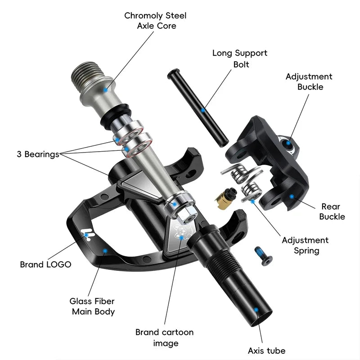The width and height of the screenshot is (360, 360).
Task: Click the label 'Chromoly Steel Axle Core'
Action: [155, 21]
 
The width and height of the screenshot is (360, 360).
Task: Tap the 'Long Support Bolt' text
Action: [240, 58]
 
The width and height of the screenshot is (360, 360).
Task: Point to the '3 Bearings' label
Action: [38, 154]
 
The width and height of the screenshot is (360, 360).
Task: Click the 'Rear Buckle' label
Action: [332, 211]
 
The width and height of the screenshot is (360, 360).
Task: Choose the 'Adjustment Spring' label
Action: [305, 245]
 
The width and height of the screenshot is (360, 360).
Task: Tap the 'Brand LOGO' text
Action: [45, 265]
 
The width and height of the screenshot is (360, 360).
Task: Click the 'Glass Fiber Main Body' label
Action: [92, 306]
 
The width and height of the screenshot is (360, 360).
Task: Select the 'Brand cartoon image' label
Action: [164, 337]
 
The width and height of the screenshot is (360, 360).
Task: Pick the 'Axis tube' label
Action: [266, 351]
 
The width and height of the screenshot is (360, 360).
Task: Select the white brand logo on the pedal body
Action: [87, 234]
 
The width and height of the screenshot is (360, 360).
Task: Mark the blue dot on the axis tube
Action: [256, 310]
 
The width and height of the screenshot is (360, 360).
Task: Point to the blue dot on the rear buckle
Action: [292, 196]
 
